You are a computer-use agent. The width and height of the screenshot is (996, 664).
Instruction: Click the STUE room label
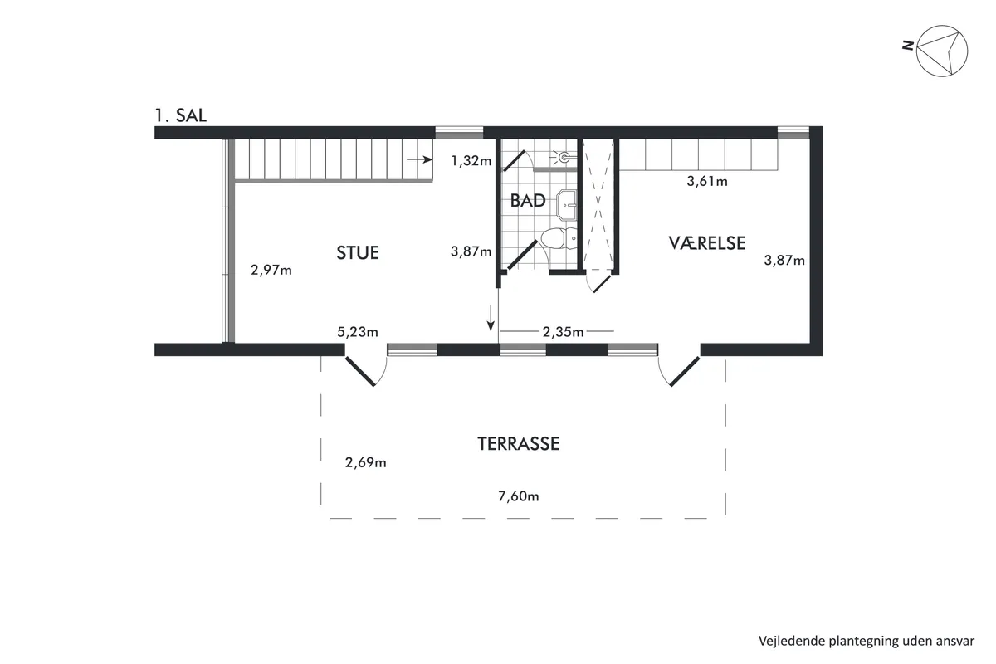pos(358,252)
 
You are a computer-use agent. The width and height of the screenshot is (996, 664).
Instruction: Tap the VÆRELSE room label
pos(707,243)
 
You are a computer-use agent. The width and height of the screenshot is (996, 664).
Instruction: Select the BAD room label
pos(528,201)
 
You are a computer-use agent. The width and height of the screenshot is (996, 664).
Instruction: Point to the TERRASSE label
pos(519,443)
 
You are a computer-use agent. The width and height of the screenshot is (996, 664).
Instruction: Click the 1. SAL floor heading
pos(181,115)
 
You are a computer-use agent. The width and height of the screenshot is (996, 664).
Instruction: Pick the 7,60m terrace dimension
pos(519,496)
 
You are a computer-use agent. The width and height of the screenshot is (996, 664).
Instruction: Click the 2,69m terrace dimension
pos(365,462)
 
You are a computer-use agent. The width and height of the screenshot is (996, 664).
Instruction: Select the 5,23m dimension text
pos(358,332)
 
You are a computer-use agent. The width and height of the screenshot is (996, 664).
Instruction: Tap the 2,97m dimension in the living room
pos(271,270)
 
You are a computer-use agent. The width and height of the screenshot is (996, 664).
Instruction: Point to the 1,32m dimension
pos(471,160)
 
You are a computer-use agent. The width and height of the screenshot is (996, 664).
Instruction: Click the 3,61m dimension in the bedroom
pos(707,181)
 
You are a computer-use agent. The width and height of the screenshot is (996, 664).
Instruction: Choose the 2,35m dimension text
pos(563,332)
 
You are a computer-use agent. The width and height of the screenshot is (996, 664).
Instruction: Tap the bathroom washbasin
pos(566,205)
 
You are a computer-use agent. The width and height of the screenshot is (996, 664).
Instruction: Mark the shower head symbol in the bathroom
pos(564,157)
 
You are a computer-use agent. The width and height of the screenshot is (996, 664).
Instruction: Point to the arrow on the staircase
pos(420,159)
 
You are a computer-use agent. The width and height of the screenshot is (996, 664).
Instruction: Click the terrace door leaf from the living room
pos(359,371)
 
